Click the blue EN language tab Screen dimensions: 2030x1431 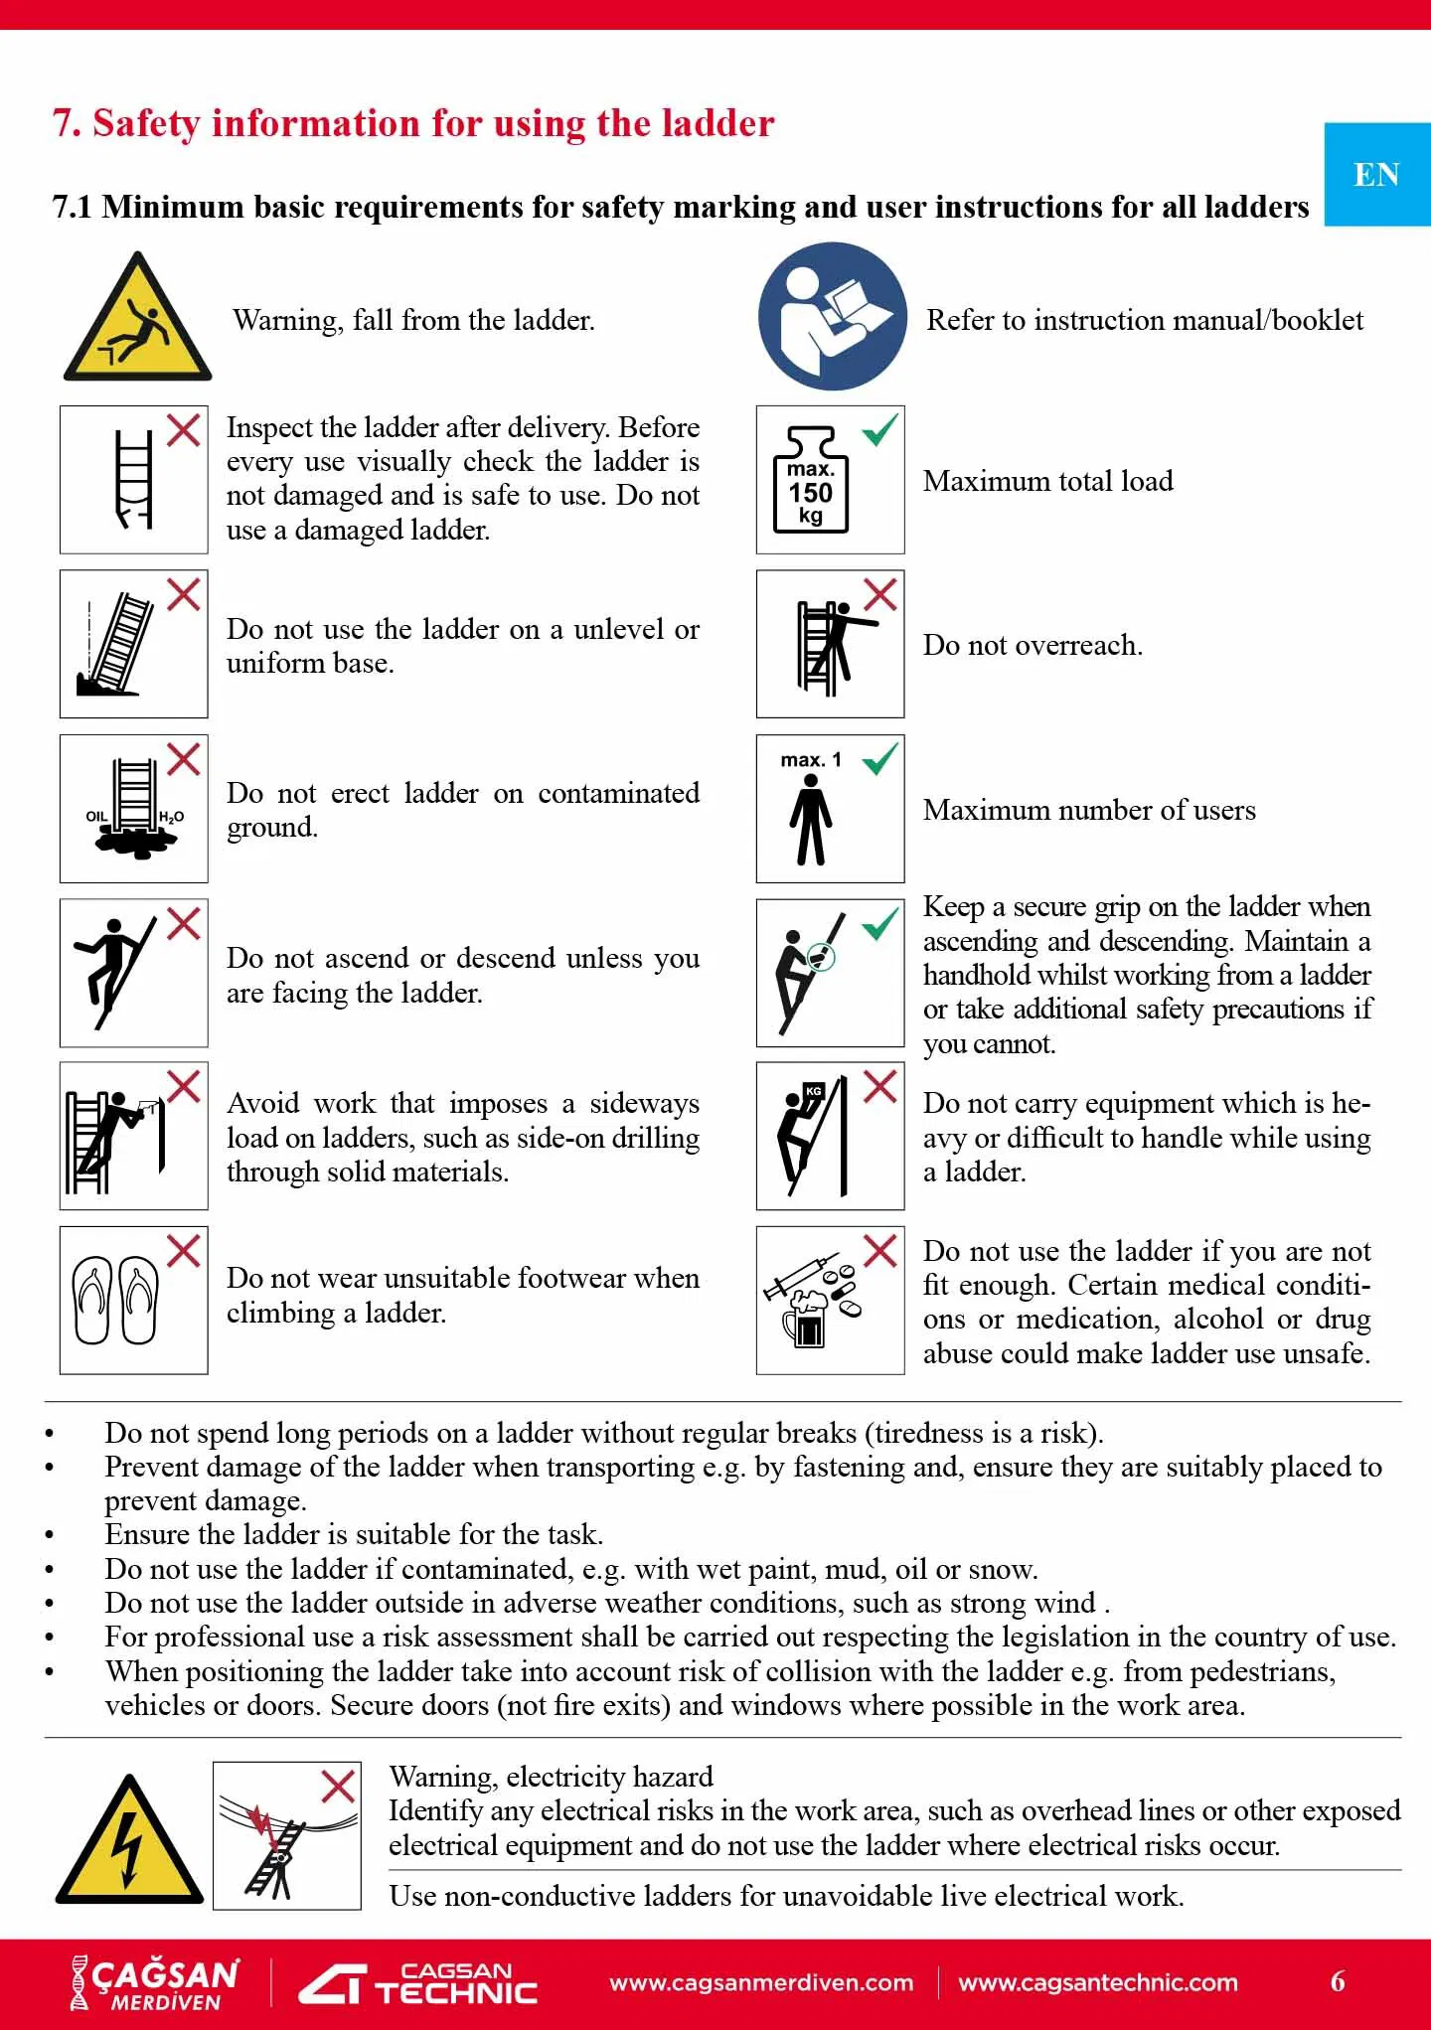(1376, 175)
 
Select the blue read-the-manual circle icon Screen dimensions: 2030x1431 (832, 316)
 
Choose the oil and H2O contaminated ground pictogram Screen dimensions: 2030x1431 (133, 809)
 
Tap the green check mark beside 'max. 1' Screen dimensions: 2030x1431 (879, 760)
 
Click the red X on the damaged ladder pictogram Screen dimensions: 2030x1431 (183, 430)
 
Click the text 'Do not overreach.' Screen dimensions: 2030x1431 (1033, 645)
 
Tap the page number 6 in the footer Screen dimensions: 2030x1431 (1338, 1981)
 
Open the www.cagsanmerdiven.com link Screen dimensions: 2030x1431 (761, 1983)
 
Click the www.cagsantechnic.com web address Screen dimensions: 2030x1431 (1098, 1983)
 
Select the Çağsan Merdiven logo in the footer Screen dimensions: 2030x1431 (154, 1982)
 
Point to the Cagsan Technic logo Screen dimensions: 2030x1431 (418, 1983)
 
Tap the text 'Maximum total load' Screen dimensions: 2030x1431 (1047, 481)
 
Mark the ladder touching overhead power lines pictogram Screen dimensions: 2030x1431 (286, 1835)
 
